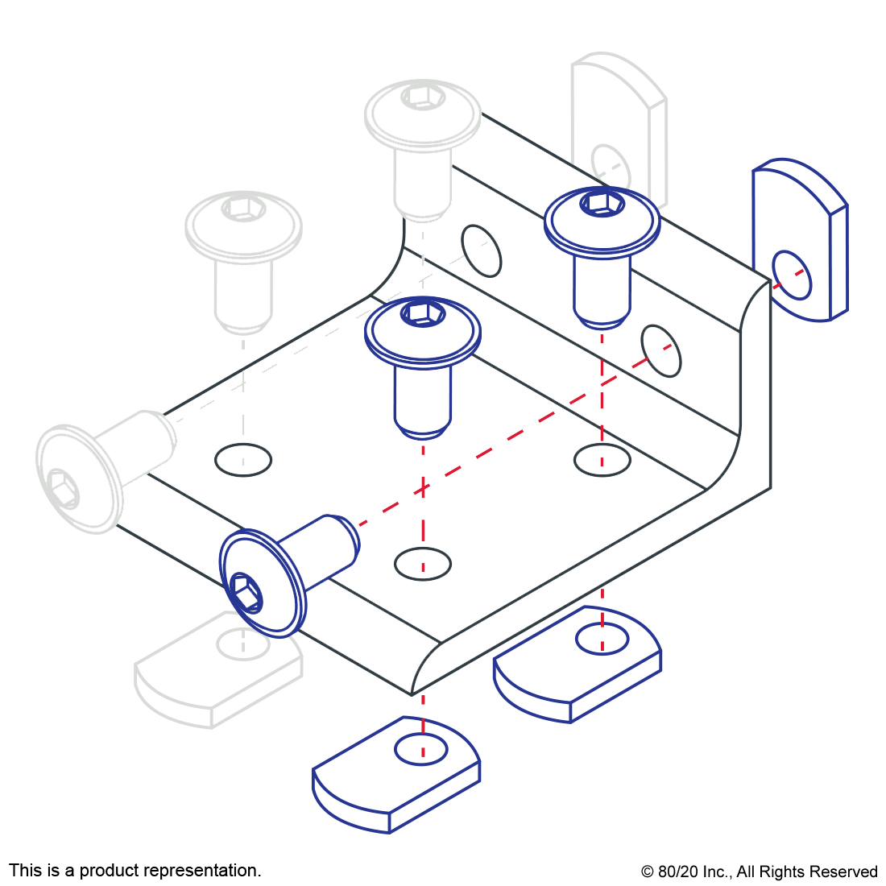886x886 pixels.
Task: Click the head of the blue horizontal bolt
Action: tap(263, 583)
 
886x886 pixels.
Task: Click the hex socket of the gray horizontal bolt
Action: tap(61, 488)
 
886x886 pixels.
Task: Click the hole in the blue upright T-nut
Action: tap(792, 275)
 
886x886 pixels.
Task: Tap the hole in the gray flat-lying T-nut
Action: tap(243, 644)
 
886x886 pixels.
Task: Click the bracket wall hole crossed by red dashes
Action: tap(661, 351)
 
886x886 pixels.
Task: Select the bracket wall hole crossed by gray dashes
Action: tap(482, 250)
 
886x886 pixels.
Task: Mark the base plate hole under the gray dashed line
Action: tap(243, 460)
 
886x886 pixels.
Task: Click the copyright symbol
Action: tap(648, 872)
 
